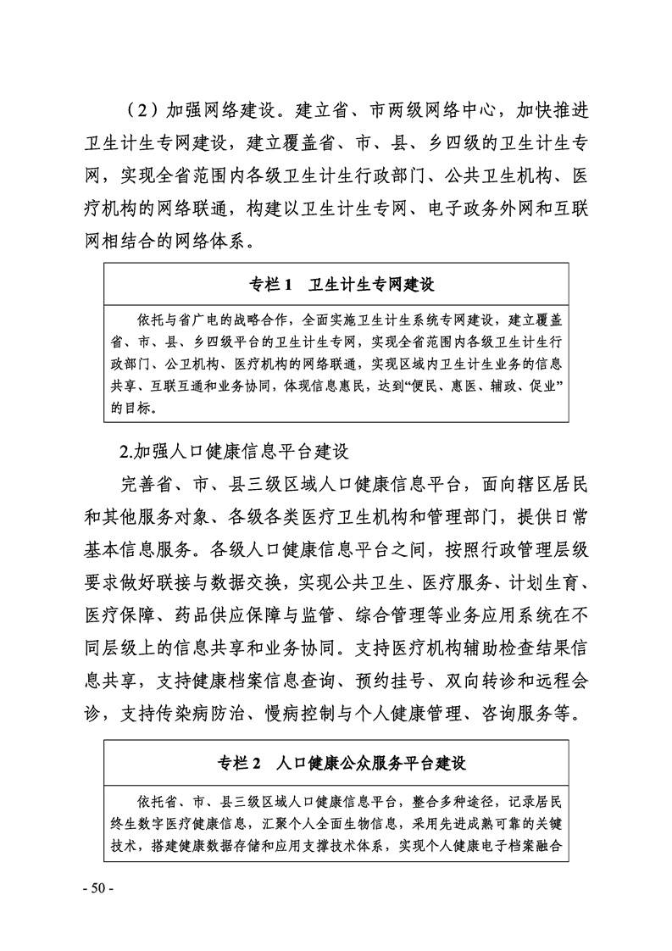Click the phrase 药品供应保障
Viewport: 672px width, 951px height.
(x=213, y=613)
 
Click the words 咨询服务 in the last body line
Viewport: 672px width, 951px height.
(x=514, y=711)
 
